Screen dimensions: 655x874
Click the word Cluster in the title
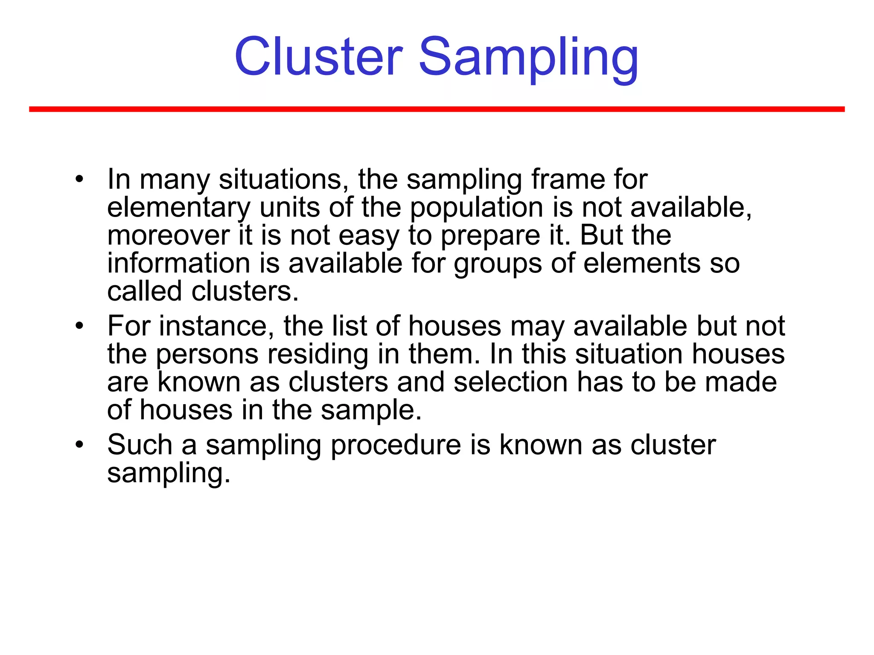pyautogui.click(x=318, y=57)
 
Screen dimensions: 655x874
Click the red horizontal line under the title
pyautogui.click(x=437, y=110)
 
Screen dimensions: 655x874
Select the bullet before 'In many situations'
pyautogui.click(x=79, y=179)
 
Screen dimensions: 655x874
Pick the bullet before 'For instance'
pyautogui.click(x=79, y=326)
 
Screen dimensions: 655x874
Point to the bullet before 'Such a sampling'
pyautogui.click(x=79, y=445)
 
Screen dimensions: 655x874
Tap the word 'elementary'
pyautogui.click(x=178, y=208)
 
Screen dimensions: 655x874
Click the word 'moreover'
pyautogui.click(x=168, y=235)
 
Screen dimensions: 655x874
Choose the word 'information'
pyautogui.click(x=178, y=263)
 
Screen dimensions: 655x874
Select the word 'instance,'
pyautogui.click(x=217, y=326)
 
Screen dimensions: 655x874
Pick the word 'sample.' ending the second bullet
pyautogui.click(x=370, y=410)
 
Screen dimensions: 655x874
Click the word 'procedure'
pyautogui.click(x=396, y=445)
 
